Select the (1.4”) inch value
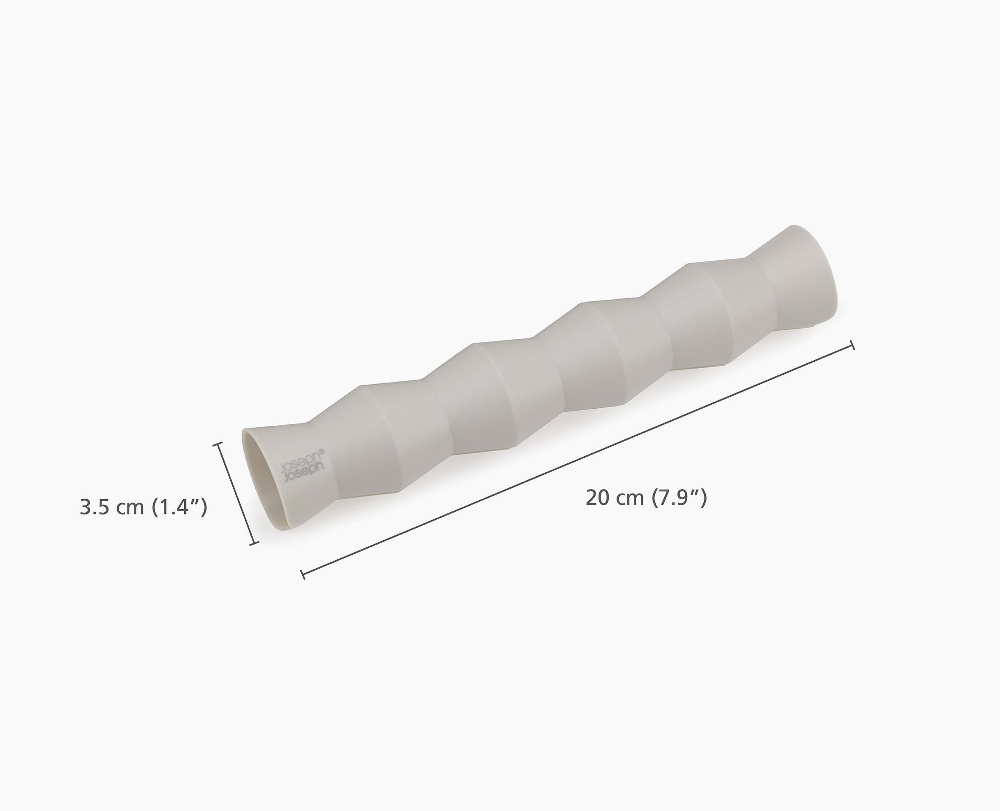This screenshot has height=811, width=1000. tap(179, 507)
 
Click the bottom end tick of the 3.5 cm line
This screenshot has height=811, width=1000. tap(255, 543)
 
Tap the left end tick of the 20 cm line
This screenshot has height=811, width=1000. tap(303, 574)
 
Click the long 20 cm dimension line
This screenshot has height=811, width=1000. tap(578, 460)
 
